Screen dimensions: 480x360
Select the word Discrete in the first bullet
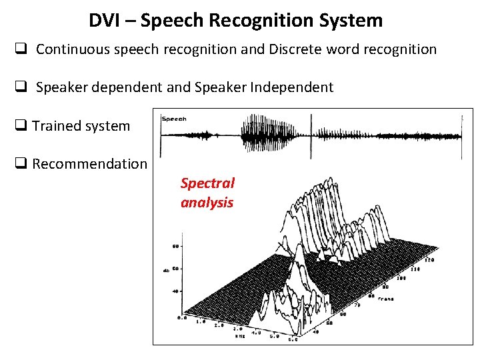coord(295,49)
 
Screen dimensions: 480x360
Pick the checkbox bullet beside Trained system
coord(21,126)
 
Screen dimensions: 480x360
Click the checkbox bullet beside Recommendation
coord(21,164)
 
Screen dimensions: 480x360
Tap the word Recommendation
coord(89,164)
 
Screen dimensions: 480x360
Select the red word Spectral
coord(207,183)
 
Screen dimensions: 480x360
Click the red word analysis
coord(207,203)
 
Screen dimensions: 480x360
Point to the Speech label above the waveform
coord(174,119)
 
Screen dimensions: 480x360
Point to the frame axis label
coord(385,299)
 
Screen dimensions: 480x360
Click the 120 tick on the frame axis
coord(429,260)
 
